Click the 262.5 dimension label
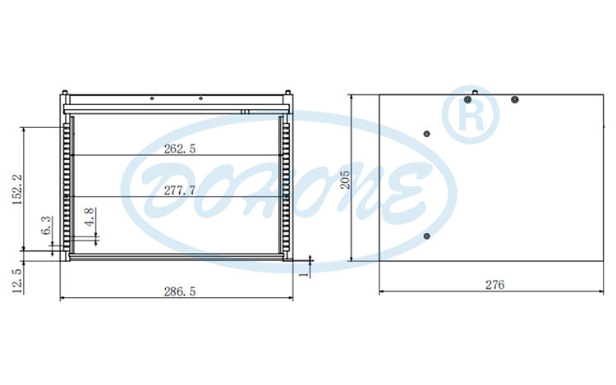point(180,149)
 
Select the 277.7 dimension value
point(180,190)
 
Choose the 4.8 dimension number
point(91,217)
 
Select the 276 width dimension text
point(494,285)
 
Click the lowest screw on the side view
point(426,236)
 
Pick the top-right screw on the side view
point(514,99)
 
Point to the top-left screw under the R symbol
point(467,99)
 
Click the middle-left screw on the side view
point(426,133)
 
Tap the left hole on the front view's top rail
point(153,99)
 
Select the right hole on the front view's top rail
point(200,99)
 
